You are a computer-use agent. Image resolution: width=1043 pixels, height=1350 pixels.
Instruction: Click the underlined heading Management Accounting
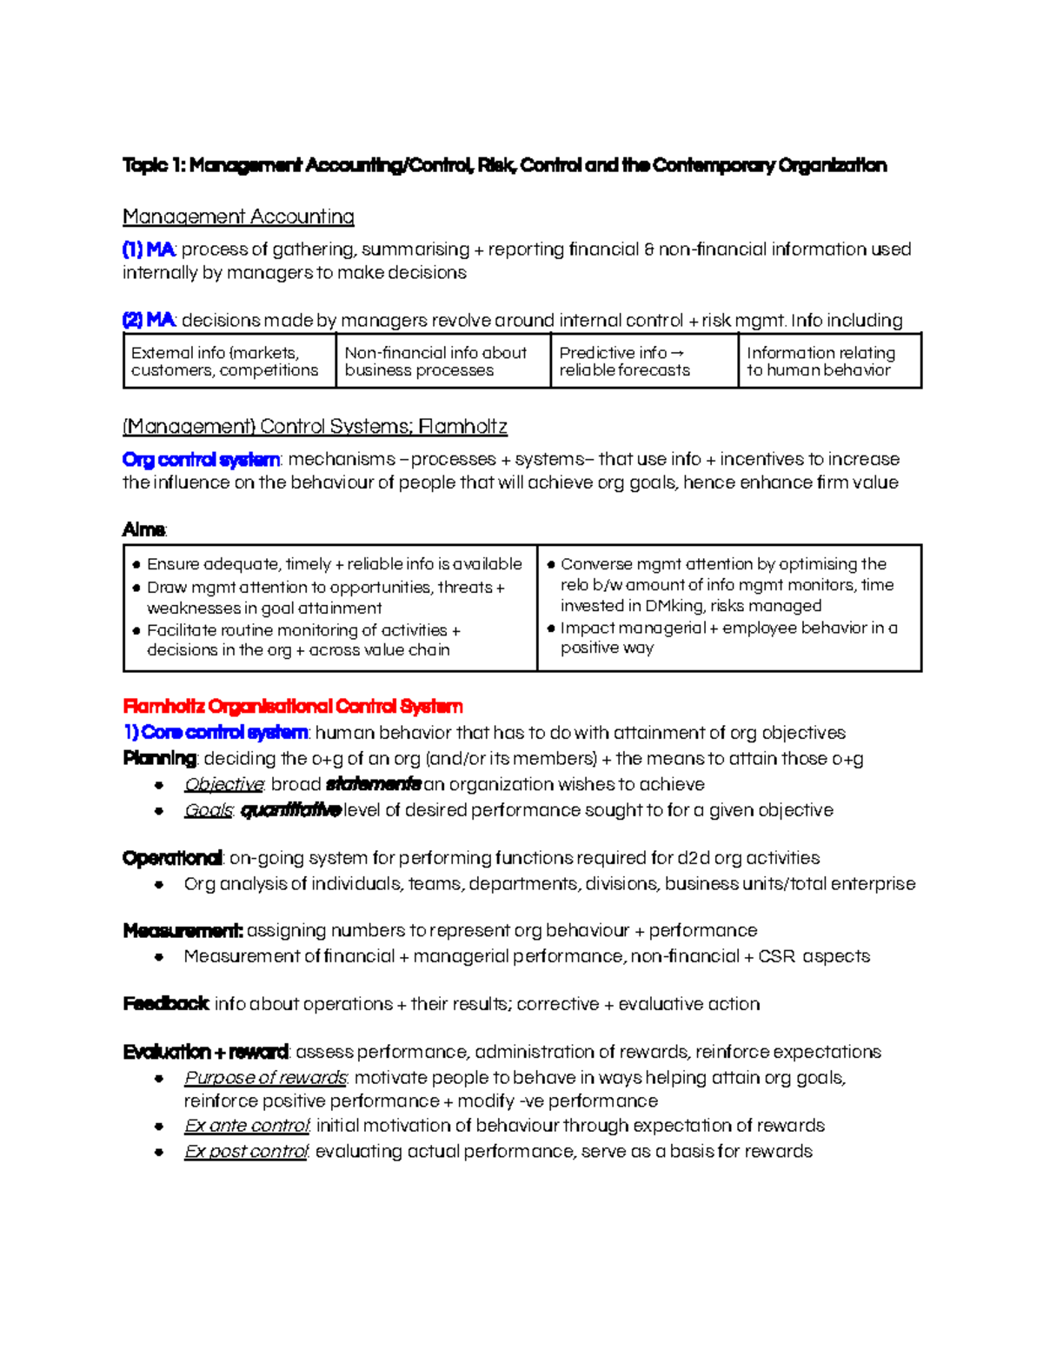(238, 216)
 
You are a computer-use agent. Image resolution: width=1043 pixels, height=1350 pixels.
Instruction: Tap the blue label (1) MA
(149, 249)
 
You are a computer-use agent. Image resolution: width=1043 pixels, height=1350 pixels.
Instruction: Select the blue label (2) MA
(149, 320)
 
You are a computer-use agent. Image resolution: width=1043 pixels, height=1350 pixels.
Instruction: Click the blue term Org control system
(202, 459)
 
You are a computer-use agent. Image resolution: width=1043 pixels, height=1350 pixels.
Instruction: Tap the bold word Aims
(143, 529)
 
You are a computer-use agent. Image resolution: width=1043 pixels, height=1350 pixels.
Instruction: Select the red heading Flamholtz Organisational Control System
(293, 706)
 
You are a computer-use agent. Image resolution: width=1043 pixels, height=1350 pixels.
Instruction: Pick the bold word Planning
(160, 758)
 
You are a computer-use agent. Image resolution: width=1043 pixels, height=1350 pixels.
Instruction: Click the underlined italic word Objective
(223, 784)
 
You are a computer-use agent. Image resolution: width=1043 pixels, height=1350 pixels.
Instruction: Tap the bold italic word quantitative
(289, 810)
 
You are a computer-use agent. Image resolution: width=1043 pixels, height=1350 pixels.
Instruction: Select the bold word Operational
(172, 858)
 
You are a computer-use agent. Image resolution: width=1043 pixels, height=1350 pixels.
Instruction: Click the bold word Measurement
(182, 930)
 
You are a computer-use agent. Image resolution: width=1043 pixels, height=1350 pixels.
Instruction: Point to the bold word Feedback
(165, 1004)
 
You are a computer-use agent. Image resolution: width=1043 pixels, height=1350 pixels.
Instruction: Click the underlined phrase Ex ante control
(247, 1126)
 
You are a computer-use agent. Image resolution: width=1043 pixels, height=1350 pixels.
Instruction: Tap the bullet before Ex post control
(159, 1152)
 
